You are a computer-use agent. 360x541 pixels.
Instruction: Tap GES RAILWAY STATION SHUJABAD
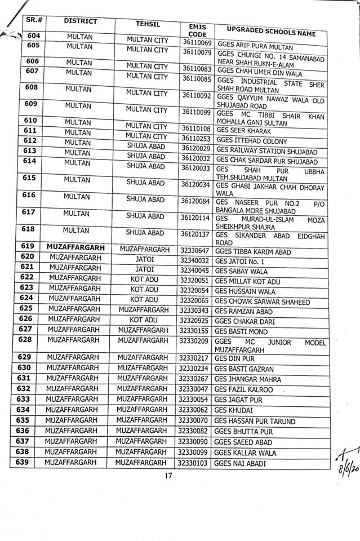(x=266, y=152)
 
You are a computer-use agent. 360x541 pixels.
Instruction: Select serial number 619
(x=28, y=246)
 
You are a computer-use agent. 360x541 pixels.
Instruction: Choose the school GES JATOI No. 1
(x=239, y=261)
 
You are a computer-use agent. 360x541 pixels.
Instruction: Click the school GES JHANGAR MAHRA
(x=247, y=379)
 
